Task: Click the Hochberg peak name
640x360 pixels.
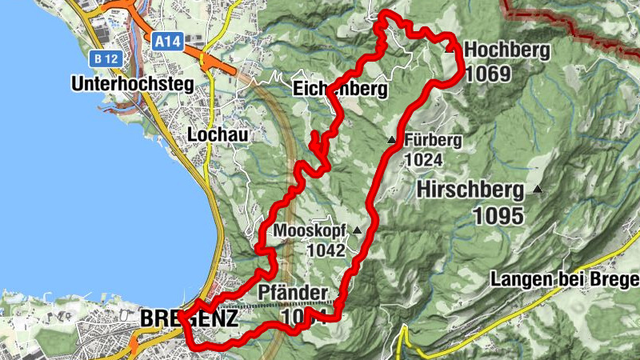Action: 507,51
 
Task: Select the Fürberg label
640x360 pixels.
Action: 434,140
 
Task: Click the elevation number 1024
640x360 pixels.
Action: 424,160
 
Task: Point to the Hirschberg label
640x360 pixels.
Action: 470,190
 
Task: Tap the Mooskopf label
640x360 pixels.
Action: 310,231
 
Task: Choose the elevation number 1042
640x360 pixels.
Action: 325,250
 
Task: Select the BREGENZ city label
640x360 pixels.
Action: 188,318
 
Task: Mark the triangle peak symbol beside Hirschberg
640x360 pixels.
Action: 538,190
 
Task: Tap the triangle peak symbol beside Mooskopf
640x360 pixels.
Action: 357,230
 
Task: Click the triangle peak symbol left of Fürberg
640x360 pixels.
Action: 391,141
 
